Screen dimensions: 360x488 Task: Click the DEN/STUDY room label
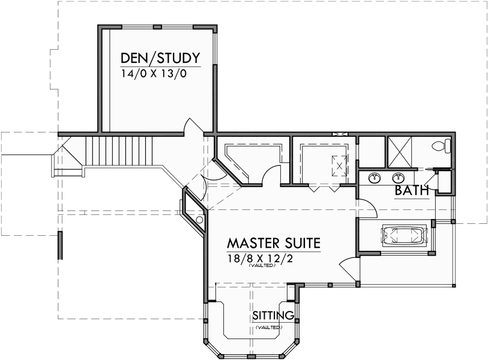(x=160, y=58)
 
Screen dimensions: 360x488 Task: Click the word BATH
(x=412, y=191)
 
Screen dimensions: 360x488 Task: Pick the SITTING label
(x=273, y=315)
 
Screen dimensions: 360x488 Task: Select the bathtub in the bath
(x=403, y=236)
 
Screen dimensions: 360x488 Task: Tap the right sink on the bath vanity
(x=397, y=178)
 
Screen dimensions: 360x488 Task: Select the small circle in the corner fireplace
(x=199, y=220)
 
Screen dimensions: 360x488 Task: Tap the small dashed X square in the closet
(x=340, y=164)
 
